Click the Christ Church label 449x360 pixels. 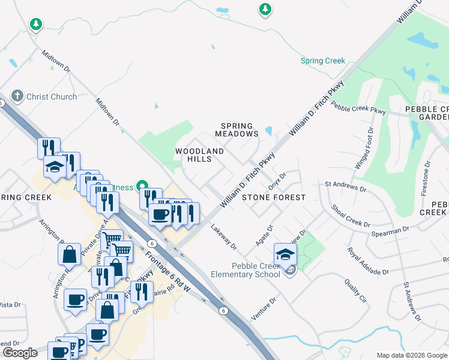pos(52,97)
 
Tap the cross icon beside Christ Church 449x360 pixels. pos(17,96)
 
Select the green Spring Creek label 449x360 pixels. pos(323,61)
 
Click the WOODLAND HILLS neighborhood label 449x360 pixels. pos(199,155)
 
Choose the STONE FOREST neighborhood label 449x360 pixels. pos(273,197)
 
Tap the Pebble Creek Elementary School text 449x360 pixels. pos(246,270)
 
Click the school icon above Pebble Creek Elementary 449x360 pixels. pos(285,254)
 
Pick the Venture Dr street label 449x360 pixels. pos(264,308)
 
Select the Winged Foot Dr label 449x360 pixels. pos(364,148)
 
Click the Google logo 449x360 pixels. pos(20,352)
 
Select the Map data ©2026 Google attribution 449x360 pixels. pos(411,355)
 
